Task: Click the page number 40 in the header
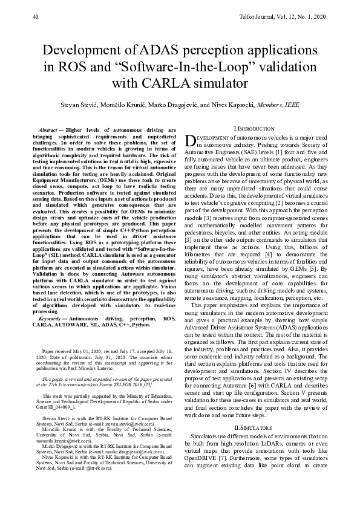35,18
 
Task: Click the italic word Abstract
47,131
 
